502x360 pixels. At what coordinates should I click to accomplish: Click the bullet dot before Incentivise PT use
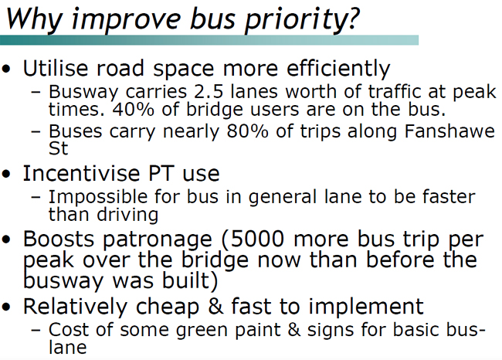[x=7, y=175]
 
